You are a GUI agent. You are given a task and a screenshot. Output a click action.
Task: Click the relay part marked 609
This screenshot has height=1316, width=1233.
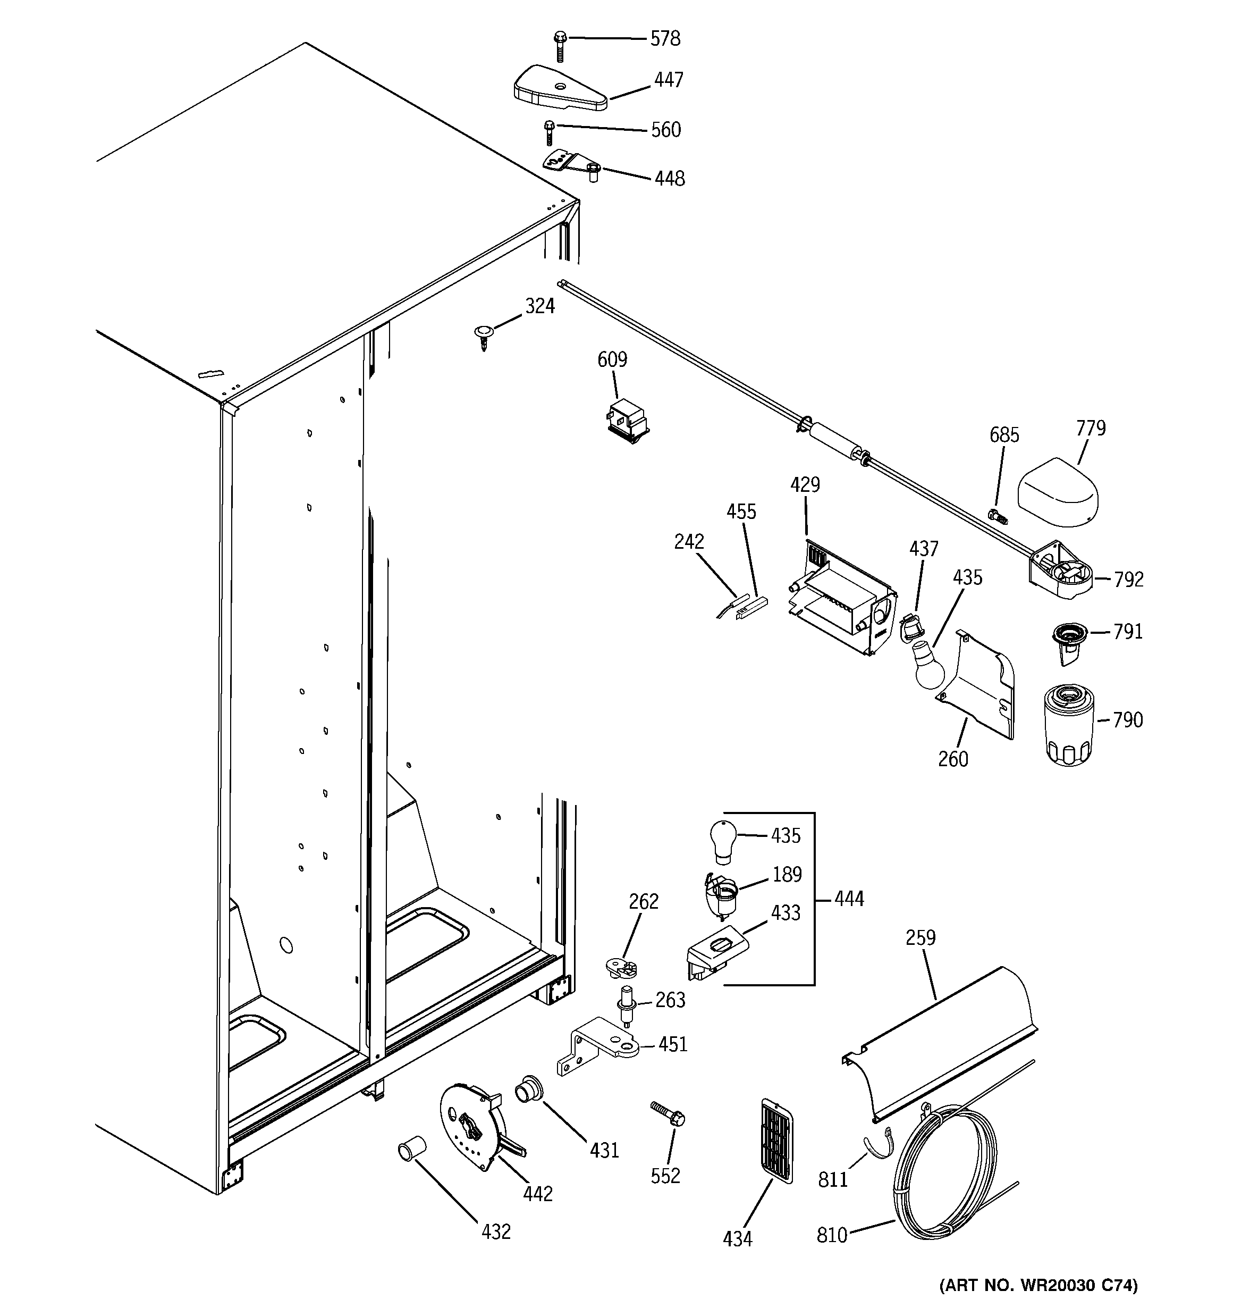point(628,422)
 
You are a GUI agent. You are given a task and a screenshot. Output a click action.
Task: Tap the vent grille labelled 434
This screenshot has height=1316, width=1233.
point(777,1140)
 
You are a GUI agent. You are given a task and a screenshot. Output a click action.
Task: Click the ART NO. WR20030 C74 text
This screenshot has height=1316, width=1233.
point(1038,1286)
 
